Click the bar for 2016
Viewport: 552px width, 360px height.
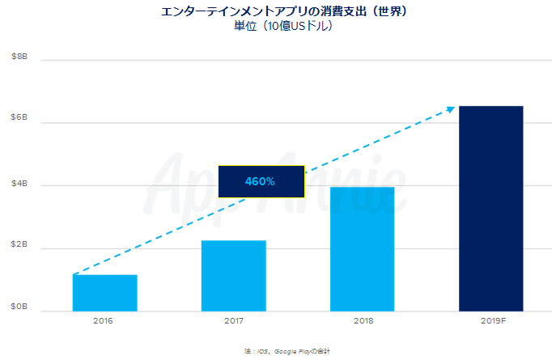[104, 293]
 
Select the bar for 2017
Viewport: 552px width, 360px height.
[233, 275]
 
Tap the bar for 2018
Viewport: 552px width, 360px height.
[362, 248]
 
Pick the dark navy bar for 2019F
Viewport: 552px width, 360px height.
[490, 208]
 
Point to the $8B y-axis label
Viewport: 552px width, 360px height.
[19, 57]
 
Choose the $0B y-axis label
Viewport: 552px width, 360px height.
[19, 309]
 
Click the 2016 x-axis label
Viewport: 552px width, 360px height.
[104, 321]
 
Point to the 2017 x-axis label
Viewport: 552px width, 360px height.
[233, 321]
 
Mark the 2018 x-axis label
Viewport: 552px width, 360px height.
[362, 321]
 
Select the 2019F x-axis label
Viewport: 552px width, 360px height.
[490, 321]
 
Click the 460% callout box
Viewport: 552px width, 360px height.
[261, 181]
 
